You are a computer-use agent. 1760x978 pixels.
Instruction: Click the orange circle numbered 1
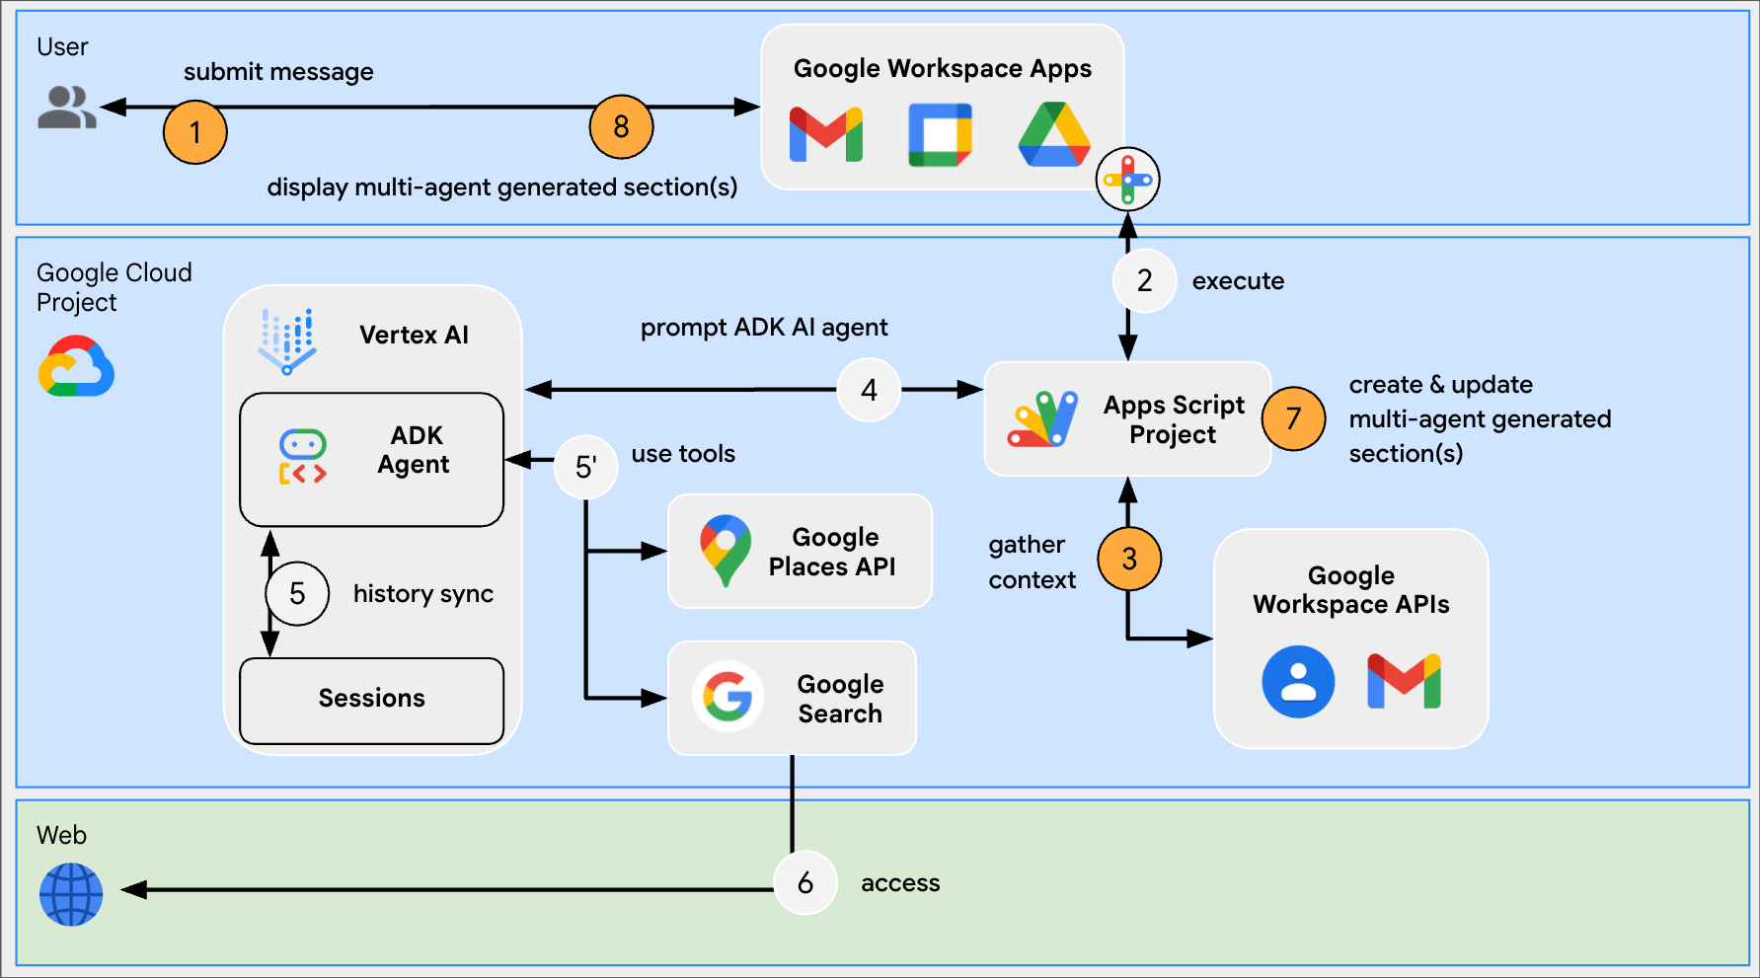(194, 131)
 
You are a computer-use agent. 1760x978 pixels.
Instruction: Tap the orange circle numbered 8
(621, 126)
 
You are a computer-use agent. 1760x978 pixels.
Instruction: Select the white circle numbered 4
(869, 390)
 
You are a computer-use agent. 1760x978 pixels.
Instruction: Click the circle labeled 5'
(585, 467)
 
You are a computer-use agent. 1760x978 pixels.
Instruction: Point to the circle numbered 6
(804, 882)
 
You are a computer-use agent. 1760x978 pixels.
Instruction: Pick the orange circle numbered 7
(1293, 418)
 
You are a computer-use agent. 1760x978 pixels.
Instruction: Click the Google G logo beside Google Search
(727, 697)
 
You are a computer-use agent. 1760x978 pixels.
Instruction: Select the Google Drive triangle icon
(1054, 135)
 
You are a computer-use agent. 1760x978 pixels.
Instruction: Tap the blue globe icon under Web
(71, 894)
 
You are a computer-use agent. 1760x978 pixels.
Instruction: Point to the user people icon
(66, 107)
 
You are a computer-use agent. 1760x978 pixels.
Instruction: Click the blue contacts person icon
(1298, 681)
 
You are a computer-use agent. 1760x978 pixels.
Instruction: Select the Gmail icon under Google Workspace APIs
(1404, 681)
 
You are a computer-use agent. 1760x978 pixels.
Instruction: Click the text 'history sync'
(422, 593)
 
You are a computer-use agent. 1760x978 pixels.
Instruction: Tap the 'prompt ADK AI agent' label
(763, 327)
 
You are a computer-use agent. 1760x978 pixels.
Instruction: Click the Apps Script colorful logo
(1042, 419)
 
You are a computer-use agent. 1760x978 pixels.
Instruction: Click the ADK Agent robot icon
(302, 457)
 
